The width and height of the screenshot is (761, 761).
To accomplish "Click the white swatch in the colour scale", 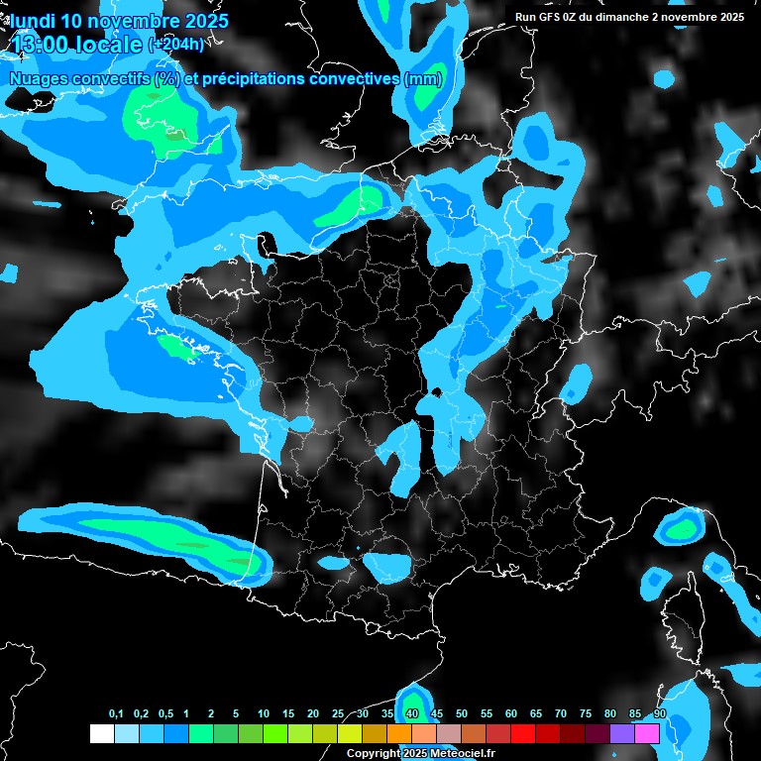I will point(101,734).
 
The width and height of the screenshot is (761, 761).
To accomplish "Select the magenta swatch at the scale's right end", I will point(647,734).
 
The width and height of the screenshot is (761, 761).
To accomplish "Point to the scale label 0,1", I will point(116,714).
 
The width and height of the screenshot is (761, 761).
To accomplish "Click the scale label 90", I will point(660,714).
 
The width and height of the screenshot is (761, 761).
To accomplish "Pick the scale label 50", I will point(487,714).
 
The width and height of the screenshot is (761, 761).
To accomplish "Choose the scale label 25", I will point(338,714).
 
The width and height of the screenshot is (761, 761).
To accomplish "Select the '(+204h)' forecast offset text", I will point(175,45).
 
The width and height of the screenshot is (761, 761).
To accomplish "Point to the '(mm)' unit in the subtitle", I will point(423,78).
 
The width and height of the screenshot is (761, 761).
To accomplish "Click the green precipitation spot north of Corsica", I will point(681,530).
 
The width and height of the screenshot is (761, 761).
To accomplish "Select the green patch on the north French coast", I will point(353,206).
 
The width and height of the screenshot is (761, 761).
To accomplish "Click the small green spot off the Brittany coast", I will point(175,346).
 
